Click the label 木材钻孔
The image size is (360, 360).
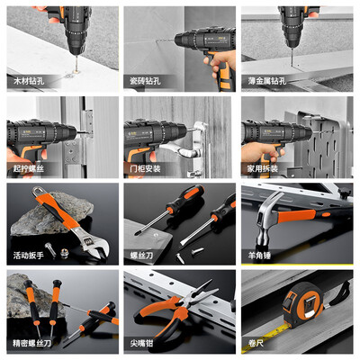(29, 81)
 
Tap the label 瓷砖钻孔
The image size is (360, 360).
(145, 81)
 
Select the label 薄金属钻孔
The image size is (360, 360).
(267, 81)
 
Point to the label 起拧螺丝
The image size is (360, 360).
(29, 168)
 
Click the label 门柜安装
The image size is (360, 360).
(145, 168)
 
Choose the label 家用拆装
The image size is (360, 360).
(263, 168)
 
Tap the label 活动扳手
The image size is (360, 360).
(29, 256)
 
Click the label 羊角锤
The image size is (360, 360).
(259, 256)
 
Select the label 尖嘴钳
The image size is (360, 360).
(141, 343)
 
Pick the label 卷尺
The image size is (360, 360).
(256, 343)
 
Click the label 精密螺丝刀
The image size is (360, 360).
(32, 343)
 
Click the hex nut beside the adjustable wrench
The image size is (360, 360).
(64, 253)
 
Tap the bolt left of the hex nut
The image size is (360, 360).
(50, 250)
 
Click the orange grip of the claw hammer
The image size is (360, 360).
(296, 216)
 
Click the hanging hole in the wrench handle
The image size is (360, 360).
(39, 191)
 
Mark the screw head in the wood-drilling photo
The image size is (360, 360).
(76, 71)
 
